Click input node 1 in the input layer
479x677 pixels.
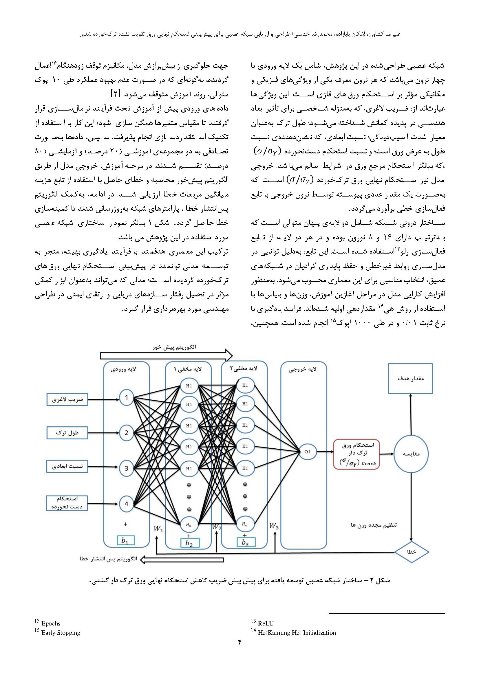pos(126,398)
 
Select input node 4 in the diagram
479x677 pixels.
pos(126,504)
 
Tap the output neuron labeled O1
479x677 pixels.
pos(308,451)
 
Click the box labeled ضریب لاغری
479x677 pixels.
pos(67,400)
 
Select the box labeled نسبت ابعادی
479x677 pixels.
pos(67,467)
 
